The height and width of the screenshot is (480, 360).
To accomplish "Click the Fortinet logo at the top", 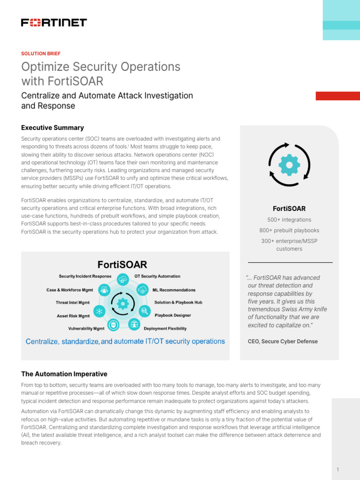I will click(x=54, y=22).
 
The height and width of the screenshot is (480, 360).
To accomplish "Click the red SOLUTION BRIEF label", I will click(x=41, y=53).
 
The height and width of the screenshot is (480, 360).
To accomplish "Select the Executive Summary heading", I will click(x=52, y=127).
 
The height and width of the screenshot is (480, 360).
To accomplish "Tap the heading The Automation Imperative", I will click(x=64, y=374).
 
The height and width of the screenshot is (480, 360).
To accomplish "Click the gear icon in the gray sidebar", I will click(x=289, y=164).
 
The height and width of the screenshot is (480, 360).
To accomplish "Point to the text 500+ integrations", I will click(x=289, y=219).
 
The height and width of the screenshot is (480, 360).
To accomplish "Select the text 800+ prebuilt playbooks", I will click(x=289, y=230).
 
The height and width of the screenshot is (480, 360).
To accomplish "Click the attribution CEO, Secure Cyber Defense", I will click(x=282, y=341).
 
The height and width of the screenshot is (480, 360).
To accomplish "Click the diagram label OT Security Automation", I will click(x=157, y=277).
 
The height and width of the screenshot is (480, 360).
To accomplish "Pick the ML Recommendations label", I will click(x=174, y=290).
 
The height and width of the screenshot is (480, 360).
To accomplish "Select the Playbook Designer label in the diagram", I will click(x=172, y=315).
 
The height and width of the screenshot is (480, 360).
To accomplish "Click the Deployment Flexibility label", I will click(x=165, y=329).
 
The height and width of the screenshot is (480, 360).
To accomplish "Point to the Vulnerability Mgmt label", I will click(x=86, y=329).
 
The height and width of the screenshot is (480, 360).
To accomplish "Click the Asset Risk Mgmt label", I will click(x=73, y=316).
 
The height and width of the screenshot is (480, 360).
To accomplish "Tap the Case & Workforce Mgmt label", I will click(x=69, y=290).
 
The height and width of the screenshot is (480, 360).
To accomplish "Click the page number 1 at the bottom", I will click(x=338, y=469).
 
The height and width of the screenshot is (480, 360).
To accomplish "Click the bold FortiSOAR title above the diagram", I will click(x=122, y=265).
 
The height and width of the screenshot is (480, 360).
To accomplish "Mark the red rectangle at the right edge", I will click(x=337, y=96).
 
